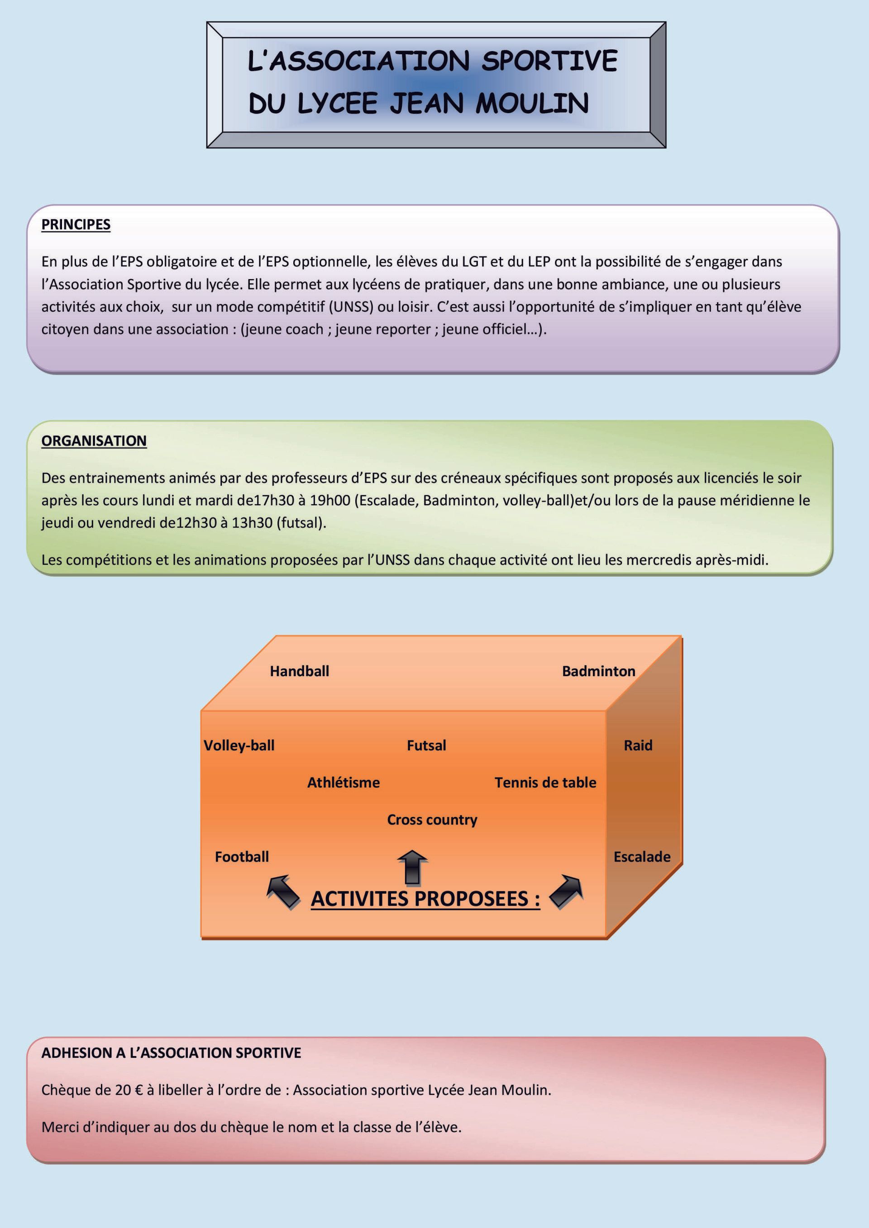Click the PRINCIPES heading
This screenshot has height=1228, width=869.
tap(76, 225)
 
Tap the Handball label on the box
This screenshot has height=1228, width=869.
tap(299, 671)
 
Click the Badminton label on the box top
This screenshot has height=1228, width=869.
tap(598, 671)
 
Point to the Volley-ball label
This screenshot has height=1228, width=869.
tap(239, 745)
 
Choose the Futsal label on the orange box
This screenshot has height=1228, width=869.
tap(426, 745)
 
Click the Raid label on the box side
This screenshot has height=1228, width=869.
tap(638, 745)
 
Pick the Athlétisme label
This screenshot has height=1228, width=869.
tap(344, 782)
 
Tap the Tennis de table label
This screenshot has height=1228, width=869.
tap(545, 782)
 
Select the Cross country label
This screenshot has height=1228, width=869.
tap(432, 820)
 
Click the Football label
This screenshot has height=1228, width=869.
tap(242, 857)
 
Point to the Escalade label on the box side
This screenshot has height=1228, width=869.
tap(642, 857)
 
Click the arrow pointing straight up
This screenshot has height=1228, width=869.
tap(412, 868)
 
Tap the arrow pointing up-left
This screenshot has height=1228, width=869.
tap(283, 892)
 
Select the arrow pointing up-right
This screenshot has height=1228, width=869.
tap(566, 892)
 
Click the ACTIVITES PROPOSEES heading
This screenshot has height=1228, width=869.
tap(425, 899)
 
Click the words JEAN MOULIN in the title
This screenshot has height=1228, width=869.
tap(489, 103)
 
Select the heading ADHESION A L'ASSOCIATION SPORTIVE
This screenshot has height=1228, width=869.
tap(171, 1053)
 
